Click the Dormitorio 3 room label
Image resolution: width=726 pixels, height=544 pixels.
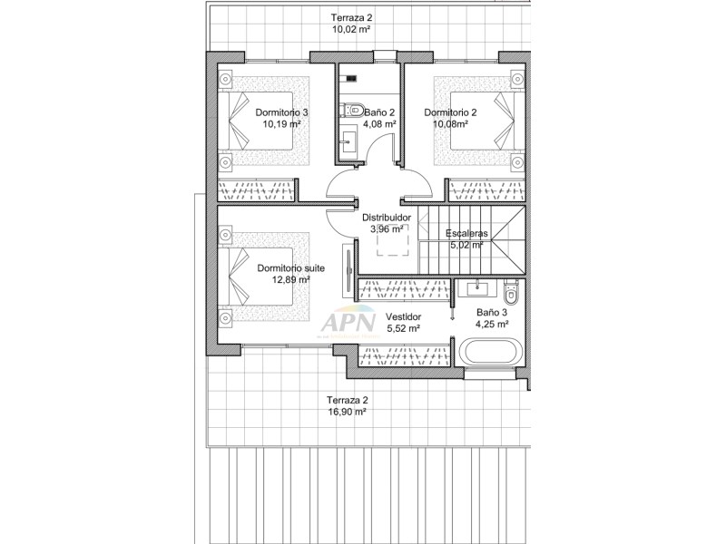[x=281, y=112]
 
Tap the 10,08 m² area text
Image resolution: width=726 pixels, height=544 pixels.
[x=450, y=124]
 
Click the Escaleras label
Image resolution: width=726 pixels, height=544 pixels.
[x=466, y=232]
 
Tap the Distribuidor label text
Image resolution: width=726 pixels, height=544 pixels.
[x=388, y=218]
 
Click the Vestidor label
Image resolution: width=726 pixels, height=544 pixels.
[x=403, y=316]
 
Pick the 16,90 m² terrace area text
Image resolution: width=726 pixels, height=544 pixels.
[x=348, y=411]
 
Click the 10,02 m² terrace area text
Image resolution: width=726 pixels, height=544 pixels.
[x=352, y=29]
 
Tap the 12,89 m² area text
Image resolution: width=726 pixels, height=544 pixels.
[x=290, y=280]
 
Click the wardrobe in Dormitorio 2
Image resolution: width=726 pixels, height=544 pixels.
[x=487, y=190]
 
